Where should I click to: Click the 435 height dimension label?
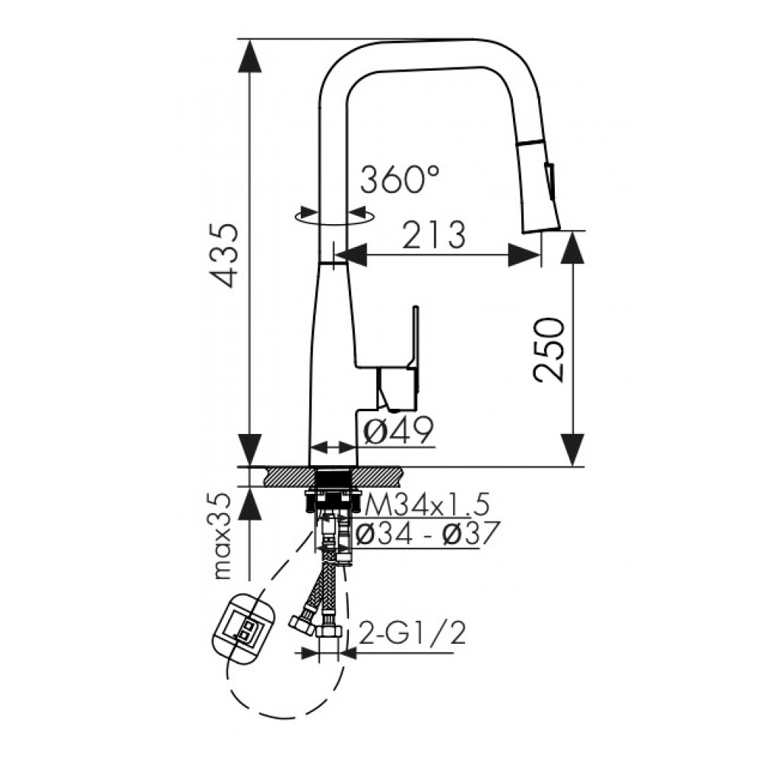(223, 255)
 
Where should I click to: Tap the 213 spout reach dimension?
(434, 235)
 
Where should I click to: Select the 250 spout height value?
(549, 350)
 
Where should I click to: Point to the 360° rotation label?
(400, 179)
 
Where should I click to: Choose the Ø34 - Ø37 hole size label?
(426, 534)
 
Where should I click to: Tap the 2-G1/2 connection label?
(412, 632)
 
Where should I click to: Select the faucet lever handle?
(398, 359)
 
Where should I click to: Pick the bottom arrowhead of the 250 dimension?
(573, 449)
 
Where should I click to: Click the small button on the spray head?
(549, 180)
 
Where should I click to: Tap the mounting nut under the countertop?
(334, 500)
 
